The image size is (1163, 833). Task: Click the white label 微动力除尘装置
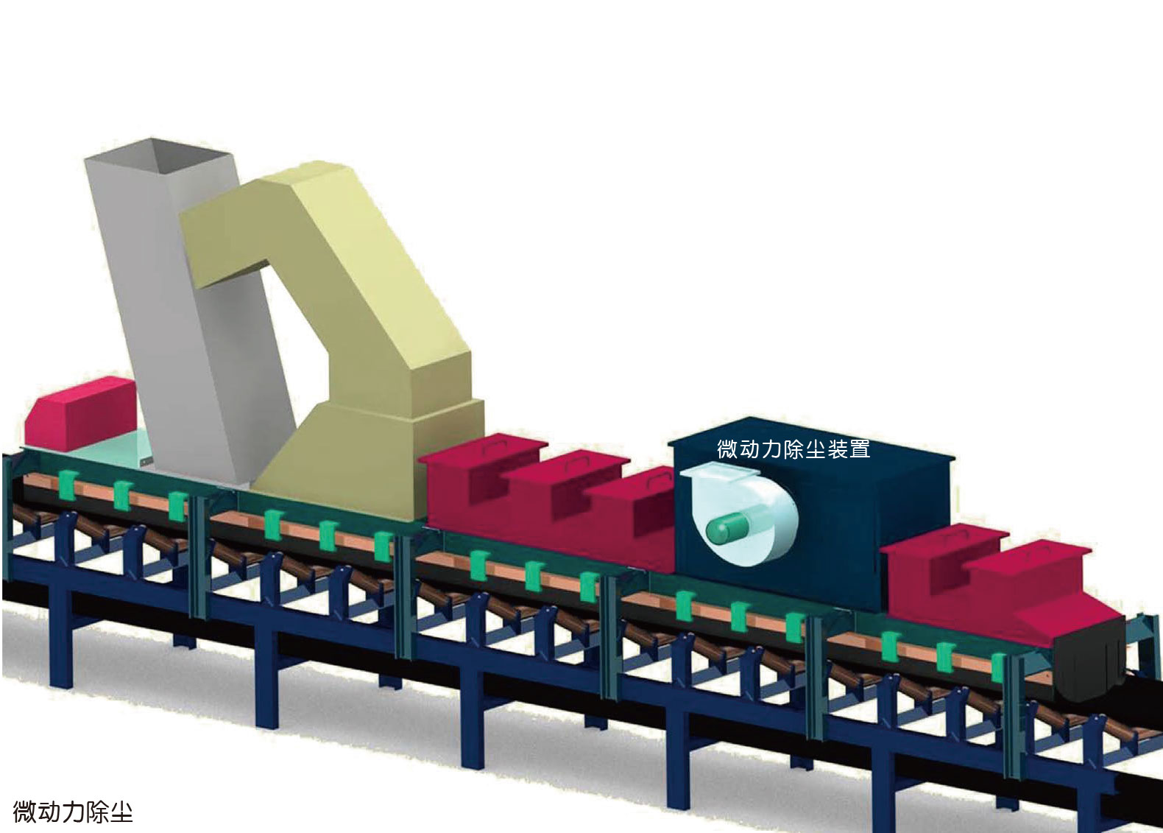tap(793, 449)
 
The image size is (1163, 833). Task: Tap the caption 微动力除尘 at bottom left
tap(73, 812)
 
